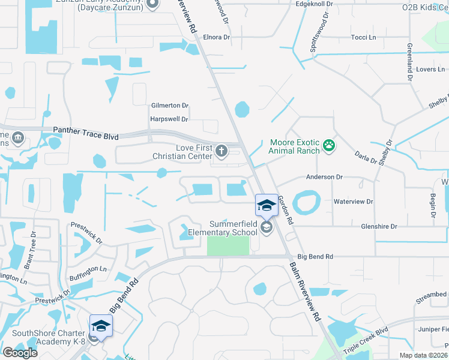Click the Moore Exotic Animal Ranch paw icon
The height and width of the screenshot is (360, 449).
pos(328,145)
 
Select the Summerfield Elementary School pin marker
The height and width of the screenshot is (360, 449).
pos(265,206)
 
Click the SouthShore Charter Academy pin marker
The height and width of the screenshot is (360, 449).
pos(101,327)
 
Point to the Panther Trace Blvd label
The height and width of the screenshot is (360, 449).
pos(85,130)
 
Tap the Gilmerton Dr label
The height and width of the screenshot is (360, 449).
pos(170,105)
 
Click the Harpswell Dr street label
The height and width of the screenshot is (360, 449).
pos(169,119)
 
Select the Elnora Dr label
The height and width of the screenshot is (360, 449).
pos(217,37)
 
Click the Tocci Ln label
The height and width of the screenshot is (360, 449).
pos(363,37)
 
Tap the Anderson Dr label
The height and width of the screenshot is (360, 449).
pos(324,177)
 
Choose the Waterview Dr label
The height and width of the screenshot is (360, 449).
pos(353,202)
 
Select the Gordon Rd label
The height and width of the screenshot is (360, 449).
pos(285,210)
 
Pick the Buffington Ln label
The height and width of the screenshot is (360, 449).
pos(88,269)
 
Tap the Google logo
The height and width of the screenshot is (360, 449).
pos(20,352)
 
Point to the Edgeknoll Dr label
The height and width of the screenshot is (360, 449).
pos(315,4)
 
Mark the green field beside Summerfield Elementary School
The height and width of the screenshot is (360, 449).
pos(228,245)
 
